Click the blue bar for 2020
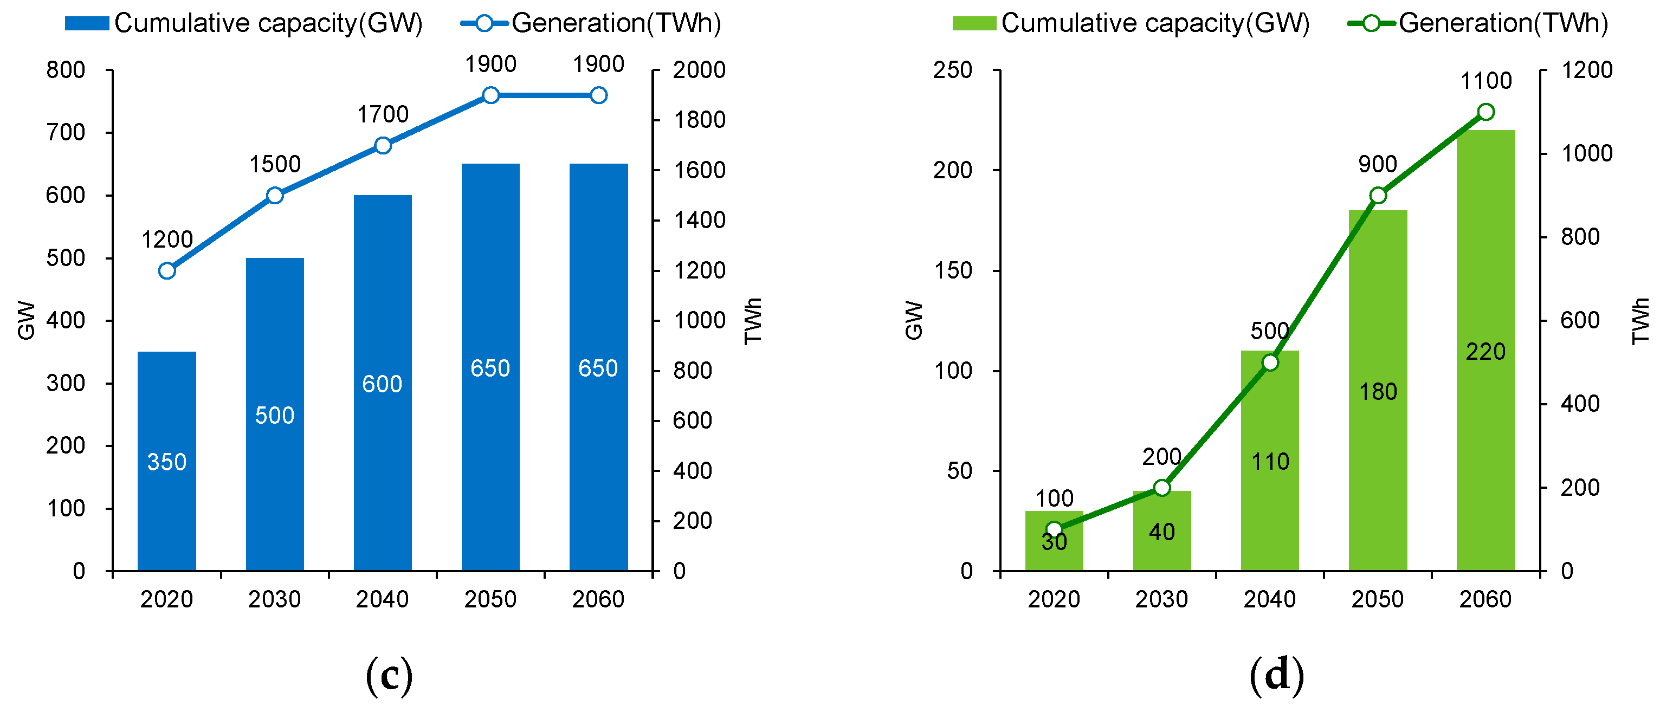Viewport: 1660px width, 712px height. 167,461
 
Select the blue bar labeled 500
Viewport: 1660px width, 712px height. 275,415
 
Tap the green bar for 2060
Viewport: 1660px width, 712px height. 1485,351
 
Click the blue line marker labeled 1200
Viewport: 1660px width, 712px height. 167,270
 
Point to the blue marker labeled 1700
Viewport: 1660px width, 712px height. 383,146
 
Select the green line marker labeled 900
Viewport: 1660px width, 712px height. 1378,196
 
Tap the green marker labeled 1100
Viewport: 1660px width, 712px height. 1486,112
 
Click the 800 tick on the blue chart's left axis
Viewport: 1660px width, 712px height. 65,69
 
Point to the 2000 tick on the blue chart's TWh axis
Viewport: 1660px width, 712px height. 699,69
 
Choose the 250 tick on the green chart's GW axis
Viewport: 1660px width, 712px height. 952,69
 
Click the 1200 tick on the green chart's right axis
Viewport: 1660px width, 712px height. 1586,69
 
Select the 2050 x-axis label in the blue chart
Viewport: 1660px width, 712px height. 490,599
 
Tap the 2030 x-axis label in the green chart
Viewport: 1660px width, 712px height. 1161,599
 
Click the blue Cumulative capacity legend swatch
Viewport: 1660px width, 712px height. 87,24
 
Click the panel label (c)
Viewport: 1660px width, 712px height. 389,675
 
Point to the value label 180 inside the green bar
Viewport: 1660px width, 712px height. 1378,391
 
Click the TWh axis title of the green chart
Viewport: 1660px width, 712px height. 1640,321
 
